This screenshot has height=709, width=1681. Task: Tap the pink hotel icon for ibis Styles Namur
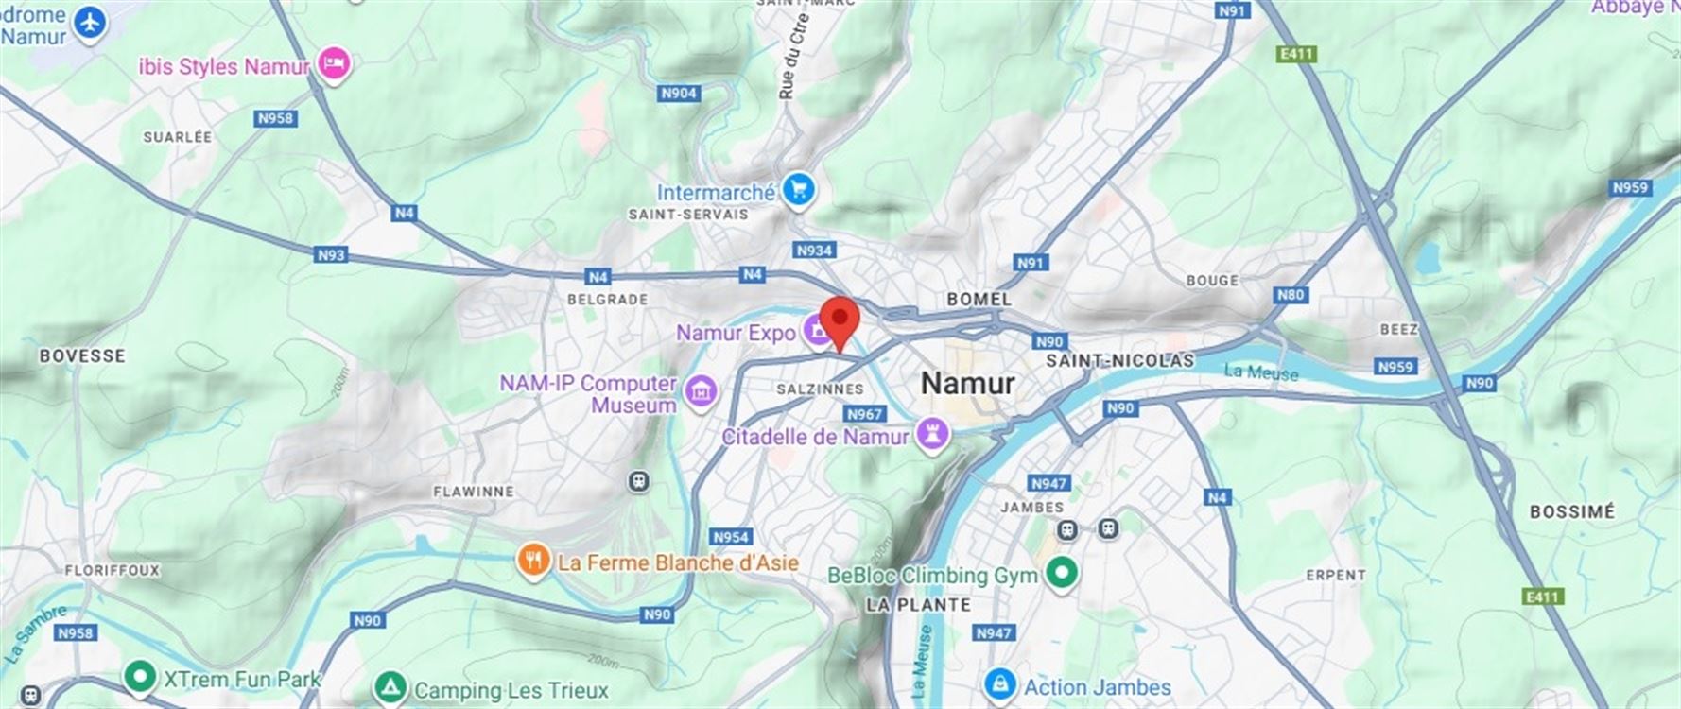(x=333, y=64)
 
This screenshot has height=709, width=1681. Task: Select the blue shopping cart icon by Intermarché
(x=799, y=190)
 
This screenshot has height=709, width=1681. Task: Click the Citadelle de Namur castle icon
(x=933, y=435)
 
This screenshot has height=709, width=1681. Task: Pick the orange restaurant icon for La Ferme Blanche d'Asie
(x=533, y=560)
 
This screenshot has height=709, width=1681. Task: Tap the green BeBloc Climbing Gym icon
(x=1063, y=573)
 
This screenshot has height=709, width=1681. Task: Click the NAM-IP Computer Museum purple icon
(x=701, y=390)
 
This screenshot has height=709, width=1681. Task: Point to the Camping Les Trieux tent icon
(x=390, y=687)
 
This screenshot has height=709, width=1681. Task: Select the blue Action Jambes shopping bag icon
(x=999, y=684)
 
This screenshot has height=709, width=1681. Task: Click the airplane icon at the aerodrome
(x=91, y=24)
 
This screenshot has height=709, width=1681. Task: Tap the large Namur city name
(x=967, y=383)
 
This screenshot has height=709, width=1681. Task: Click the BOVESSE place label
(x=82, y=355)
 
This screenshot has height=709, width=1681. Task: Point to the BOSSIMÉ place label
(x=1571, y=511)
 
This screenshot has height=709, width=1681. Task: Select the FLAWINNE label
(x=474, y=492)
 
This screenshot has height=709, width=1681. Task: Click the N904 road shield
(x=679, y=93)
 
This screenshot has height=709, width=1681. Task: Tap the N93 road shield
(x=331, y=254)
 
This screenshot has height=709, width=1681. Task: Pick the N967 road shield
(x=864, y=414)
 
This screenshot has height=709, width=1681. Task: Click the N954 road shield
(x=730, y=537)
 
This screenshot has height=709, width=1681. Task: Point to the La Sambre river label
(x=36, y=633)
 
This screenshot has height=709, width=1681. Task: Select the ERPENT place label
(x=1336, y=575)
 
